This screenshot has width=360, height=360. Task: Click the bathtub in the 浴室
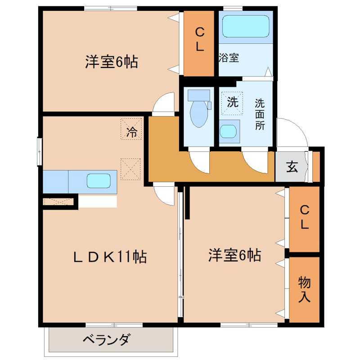(x=246, y=27)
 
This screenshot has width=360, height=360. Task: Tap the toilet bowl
(x=198, y=115)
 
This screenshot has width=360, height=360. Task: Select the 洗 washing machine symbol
(x=232, y=102)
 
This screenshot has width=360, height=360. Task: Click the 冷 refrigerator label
(x=131, y=132)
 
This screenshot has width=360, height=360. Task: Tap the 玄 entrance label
(x=292, y=167)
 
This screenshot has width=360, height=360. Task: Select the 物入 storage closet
(x=305, y=289)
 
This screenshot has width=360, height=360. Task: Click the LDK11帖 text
(x=110, y=257)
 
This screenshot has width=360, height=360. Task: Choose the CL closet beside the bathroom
(x=199, y=40)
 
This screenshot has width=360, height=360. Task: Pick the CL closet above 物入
(x=305, y=218)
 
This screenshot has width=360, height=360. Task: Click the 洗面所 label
(x=260, y=114)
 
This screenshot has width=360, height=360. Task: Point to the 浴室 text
(x=229, y=58)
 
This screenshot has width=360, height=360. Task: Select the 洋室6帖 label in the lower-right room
(x=234, y=256)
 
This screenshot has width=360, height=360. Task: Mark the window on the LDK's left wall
(x=40, y=152)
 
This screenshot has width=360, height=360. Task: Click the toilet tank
(x=198, y=95)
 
